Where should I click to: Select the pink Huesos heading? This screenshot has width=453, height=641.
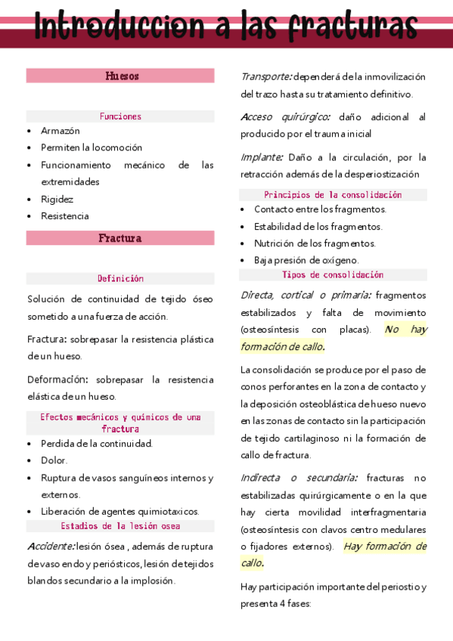coord(121,76)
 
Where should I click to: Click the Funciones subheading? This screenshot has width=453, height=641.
coord(120,116)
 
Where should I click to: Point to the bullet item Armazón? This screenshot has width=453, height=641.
coord(61,131)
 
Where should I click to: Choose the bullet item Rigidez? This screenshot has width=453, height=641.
coord(57,199)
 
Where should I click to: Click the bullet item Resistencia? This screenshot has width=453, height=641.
coord(65,216)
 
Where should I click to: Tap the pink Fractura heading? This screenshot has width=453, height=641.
coord(120,238)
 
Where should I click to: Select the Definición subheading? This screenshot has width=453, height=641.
coord(120,279)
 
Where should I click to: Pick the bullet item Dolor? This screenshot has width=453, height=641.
coord(54,460)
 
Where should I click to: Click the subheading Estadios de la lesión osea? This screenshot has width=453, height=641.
coord(120,526)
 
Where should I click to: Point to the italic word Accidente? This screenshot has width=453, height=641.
coord(51,547)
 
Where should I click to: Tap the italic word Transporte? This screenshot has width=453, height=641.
coord(266,76)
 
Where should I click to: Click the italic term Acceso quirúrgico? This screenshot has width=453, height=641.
coord(285,117)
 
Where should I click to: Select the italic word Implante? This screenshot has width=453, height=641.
coord(262,157)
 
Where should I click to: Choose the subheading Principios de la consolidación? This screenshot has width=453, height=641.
coord(333,195)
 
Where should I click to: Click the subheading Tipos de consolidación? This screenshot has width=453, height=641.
coord(333,275)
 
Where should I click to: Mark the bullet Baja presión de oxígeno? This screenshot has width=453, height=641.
coord(306,260)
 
